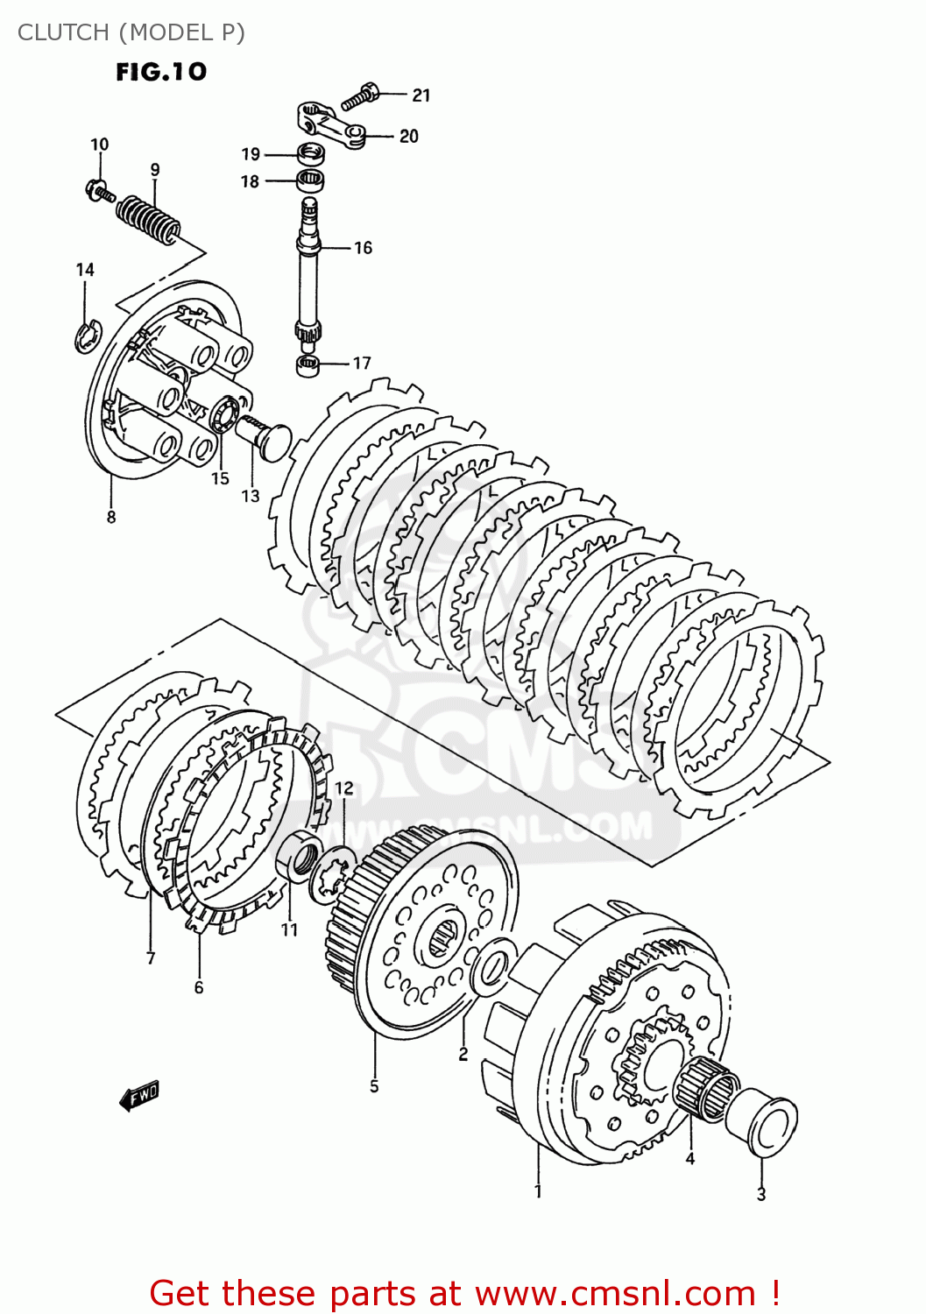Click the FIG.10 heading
[x=161, y=72]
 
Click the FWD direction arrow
[x=140, y=1095]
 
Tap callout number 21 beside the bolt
[x=421, y=95]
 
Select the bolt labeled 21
[x=360, y=95]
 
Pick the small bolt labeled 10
[x=99, y=189]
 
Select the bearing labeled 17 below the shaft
[x=308, y=365]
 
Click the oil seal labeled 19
[x=310, y=155]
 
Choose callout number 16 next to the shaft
[x=363, y=248]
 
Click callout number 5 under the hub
[x=374, y=1087]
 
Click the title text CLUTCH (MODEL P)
[x=131, y=32]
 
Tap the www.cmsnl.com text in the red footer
[x=615, y=1293]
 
